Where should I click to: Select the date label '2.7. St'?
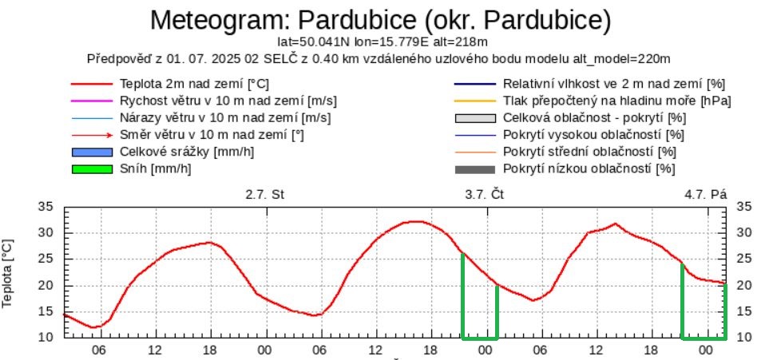click(264, 194)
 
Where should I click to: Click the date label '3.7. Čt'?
click(485, 194)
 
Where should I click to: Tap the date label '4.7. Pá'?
click(706, 194)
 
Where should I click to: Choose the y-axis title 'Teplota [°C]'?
click(10, 274)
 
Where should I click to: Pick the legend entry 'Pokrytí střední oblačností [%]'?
click(589, 152)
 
